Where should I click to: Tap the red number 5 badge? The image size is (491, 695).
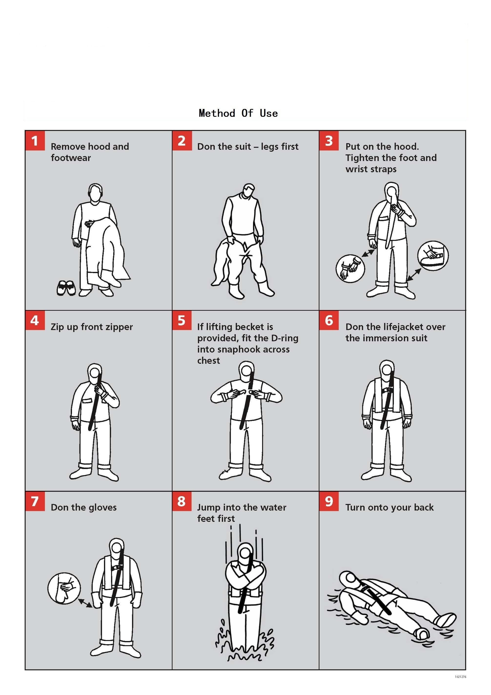[182, 320]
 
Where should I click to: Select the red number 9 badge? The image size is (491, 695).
[329, 501]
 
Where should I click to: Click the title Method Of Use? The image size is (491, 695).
[238, 113]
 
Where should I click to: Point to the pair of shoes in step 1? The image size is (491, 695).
[66, 288]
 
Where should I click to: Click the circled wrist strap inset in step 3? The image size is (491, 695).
[350, 268]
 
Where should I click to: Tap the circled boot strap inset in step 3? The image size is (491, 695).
[433, 256]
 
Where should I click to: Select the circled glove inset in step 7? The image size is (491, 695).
[64, 588]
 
